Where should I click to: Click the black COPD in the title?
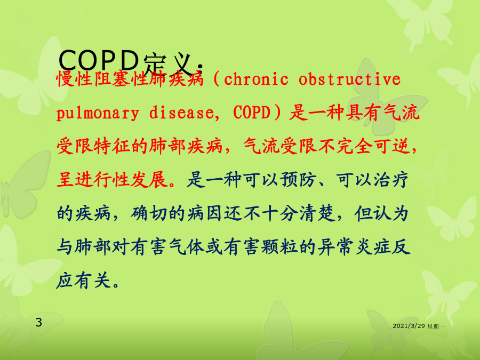99,60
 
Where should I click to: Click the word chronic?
256,79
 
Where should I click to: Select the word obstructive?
349,79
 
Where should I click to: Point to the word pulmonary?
98,113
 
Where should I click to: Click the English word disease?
181,113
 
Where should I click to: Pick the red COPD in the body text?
252,113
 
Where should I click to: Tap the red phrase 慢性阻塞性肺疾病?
130,79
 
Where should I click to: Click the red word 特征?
112,146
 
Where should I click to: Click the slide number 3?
38,322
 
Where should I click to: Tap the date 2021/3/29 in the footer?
409,326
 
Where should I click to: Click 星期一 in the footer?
436,326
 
